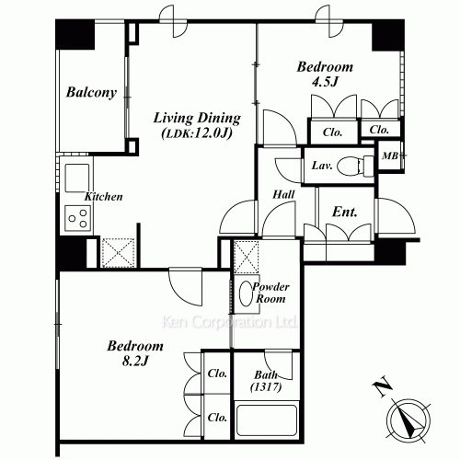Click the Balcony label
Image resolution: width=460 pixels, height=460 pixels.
coord(91,92)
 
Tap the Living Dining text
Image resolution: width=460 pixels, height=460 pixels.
coord(197,119)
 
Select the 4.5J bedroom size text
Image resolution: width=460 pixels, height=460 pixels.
coord(325,82)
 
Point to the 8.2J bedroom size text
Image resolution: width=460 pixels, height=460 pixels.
coord(135,361)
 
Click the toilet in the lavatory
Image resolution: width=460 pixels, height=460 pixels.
coord(355,166)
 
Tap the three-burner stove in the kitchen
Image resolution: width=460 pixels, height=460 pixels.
coord(78,218)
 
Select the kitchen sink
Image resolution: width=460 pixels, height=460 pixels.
coord(77,178)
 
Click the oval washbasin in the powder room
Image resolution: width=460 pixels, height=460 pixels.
coord(246,293)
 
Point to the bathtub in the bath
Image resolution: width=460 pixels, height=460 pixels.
coord(267,422)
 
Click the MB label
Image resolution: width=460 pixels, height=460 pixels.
coord(390,155)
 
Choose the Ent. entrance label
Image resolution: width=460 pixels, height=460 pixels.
coord(345,212)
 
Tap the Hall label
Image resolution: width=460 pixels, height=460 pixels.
coord(283,194)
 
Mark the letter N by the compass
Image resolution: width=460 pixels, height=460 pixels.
coord(382,388)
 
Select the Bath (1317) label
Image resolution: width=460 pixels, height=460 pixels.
coord(266,381)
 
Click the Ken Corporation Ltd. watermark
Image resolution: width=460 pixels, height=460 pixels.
coord(229,322)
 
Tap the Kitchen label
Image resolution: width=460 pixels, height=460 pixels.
coord(104,197)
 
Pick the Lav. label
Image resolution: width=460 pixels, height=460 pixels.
coord(322,166)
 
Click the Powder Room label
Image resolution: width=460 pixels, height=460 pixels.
coord(270,293)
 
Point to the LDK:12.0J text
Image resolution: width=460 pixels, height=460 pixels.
coord(197,133)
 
